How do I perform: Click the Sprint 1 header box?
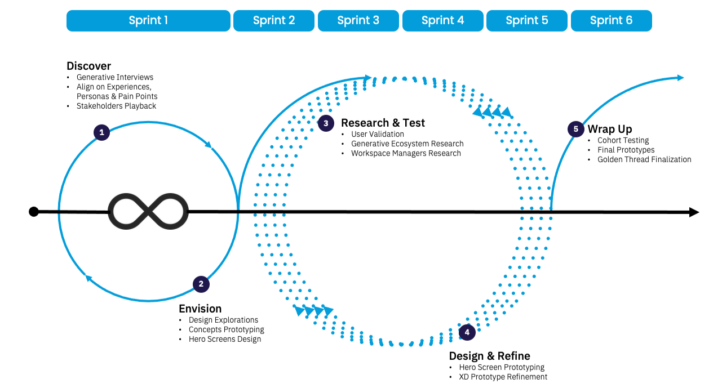tap(148, 21)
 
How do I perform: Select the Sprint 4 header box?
tap(442, 21)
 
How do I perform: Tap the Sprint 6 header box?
tap(611, 21)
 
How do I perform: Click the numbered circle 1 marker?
tap(101, 133)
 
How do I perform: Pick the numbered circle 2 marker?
tap(201, 284)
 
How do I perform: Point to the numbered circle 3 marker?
tap(326, 123)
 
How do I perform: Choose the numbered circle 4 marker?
tap(467, 332)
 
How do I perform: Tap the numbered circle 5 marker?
tap(575, 129)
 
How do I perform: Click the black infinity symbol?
tap(148, 212)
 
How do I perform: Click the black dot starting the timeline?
tap(34, 212)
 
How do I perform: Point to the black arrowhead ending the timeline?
tap(694, 212)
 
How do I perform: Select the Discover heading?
tap(88, 66)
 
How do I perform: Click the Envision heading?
tap(200, 309)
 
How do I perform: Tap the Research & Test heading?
tap(383, 123)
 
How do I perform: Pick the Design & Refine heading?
tap(489, 356)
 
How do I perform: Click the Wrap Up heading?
tap(610, 129)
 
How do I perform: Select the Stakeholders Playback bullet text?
tap(116, 106)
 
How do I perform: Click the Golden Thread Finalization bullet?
tap(644, 159)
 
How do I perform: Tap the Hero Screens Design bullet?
tap(225, 339)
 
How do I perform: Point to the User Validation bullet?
tap(378, 134)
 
